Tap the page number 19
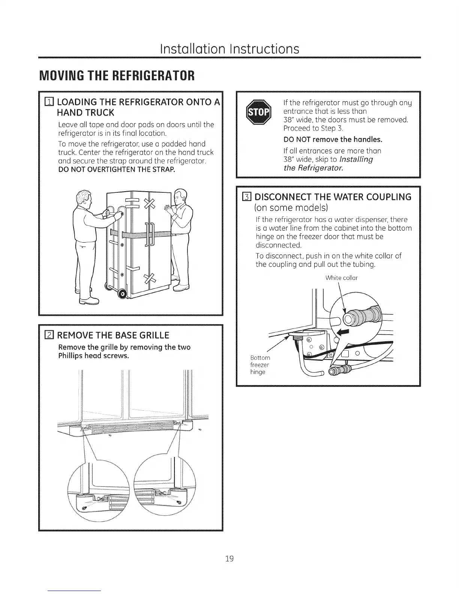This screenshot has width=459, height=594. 229,559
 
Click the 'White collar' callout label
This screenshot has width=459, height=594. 341,278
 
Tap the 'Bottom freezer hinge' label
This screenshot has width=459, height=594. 260,365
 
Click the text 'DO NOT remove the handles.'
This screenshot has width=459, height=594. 333,140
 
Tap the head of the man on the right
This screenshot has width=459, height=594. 181,196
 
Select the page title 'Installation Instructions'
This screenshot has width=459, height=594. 229,48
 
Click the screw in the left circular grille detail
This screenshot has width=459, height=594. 85,507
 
